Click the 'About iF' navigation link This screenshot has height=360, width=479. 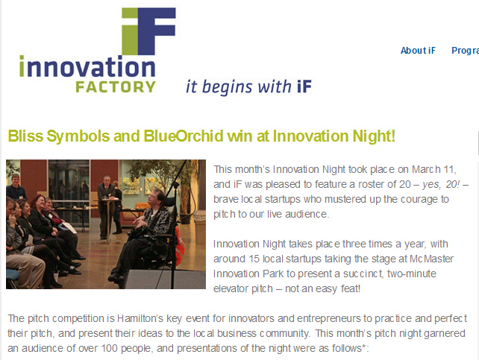(x=418, y=51)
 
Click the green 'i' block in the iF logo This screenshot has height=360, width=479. (x=130, y=31)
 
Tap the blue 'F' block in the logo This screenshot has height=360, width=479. (x=157, y=31)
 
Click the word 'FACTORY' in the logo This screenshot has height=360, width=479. (x=116, y=87)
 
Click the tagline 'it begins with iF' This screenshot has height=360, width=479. (x=248, y=86)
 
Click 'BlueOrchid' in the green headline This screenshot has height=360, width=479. (x=184, y=136)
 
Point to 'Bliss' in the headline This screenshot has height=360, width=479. (x=25, y=136)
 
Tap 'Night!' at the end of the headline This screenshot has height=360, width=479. (x=374, y=136)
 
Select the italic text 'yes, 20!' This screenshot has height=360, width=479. (x=441, y=185)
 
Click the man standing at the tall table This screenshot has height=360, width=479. (x=106, y=207)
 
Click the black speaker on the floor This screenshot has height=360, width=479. (x=165, y=280)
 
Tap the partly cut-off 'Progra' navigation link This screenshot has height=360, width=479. (x=465, y=51)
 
